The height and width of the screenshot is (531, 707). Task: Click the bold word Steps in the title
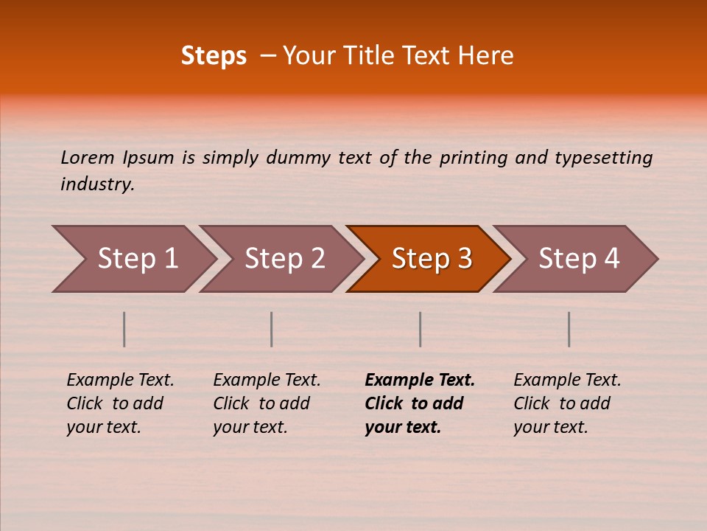pyautogui.click(x=214, y=56)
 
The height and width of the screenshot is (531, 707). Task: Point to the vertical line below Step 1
pyautogui.click(x=124, y=329)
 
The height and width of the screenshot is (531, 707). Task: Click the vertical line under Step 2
pyautogui.click(x=272, y=329)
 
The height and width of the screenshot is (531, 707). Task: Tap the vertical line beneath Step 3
pyautogui.click(x=421, y=329)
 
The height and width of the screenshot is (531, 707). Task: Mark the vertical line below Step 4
pyautogui.click(x=569, y=329)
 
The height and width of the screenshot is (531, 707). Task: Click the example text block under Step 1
pyautogui.click(x=120, y=403)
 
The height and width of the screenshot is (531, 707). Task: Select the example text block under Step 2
pyautogui.click(x=267, y=403)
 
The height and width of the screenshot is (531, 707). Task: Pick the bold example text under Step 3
pyautogui.click(x=420, y=403)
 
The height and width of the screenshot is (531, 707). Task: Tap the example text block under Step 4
pyautogui.click(x=567, y=403)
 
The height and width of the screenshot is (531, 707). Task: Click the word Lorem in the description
pyautogui.click(x=88, y=158)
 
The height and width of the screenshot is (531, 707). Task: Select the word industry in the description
pyautogui.click(x=96, y=184)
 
